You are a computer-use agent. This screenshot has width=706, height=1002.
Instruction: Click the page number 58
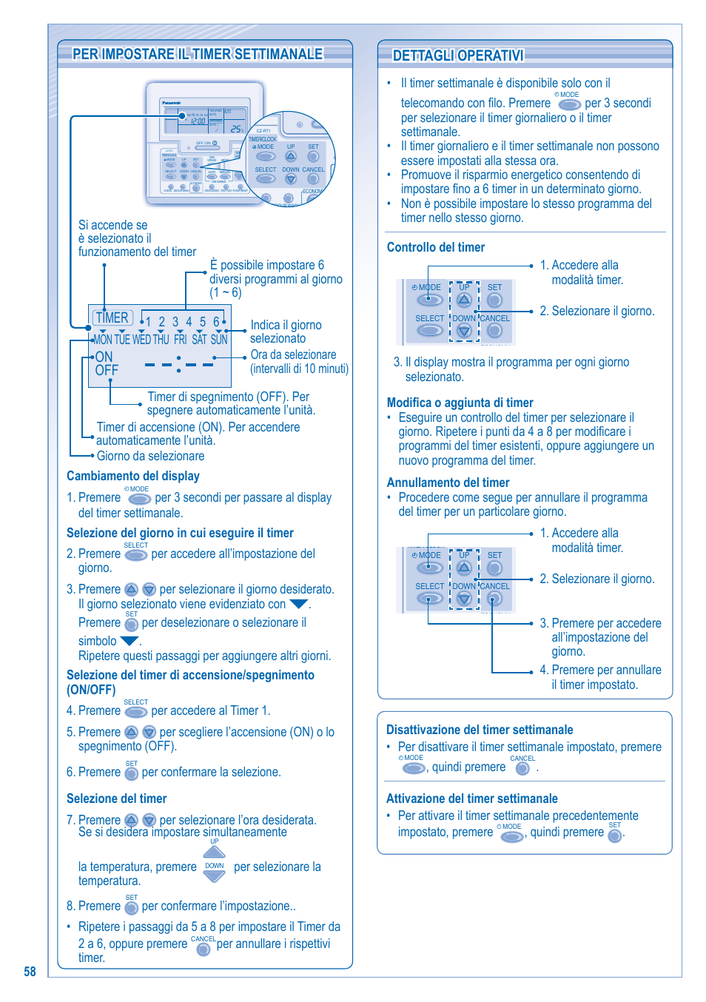30,972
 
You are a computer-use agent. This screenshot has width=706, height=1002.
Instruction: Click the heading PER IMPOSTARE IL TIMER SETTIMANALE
198,54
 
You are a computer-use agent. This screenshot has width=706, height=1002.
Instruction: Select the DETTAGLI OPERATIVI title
458,56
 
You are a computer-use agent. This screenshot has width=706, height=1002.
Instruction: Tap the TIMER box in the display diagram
112,317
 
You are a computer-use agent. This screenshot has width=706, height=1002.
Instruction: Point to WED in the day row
141,340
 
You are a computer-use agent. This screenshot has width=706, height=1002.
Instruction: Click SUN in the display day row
219,340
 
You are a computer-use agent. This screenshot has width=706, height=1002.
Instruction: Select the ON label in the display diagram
104,357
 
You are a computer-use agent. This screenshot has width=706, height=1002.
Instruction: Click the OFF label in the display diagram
107,370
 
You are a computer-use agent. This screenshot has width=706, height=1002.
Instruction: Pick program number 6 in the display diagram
216,322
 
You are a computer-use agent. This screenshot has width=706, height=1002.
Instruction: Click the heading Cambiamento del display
133,476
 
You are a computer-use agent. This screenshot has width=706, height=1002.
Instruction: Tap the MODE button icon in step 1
139,500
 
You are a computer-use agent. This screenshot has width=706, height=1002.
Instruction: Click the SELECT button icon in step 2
136,555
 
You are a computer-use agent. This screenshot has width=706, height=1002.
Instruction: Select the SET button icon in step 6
132,773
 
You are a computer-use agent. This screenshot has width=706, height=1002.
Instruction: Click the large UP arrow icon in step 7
214,852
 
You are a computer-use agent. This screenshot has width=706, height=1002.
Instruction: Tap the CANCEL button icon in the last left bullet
204,949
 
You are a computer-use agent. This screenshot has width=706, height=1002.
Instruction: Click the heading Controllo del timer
436,247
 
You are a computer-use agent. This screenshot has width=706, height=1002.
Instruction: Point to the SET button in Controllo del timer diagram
495,300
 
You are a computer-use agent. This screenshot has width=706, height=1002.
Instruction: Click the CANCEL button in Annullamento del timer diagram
495,599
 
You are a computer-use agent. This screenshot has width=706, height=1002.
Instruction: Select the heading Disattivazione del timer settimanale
480,730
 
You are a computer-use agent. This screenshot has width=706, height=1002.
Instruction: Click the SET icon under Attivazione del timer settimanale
614,835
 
